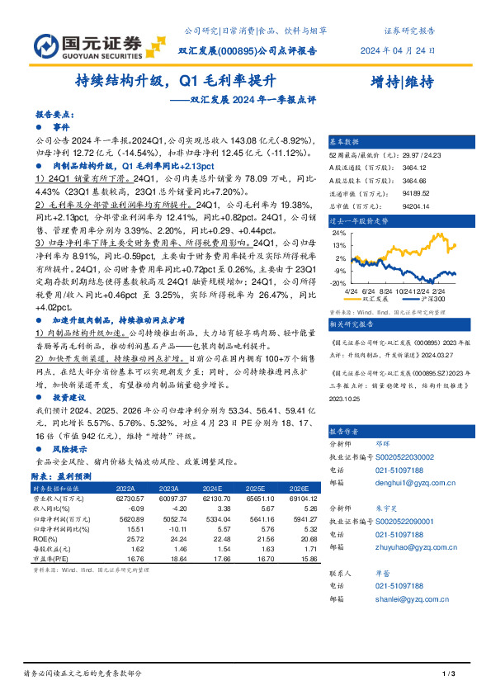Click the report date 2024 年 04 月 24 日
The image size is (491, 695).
pos(399,50)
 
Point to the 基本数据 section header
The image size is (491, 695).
pos(344,140)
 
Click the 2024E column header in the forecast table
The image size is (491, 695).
pos(213,487)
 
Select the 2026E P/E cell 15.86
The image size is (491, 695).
pos(304,558)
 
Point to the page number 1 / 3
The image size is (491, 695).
pos(450,674)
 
